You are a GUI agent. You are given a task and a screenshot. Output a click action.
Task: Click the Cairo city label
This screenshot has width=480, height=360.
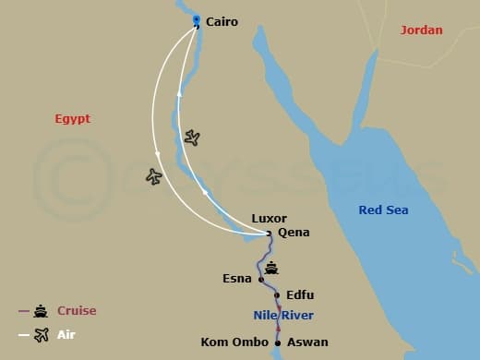click(222, 21)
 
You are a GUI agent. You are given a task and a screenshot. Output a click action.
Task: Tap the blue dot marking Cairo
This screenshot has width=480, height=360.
click(196, 18)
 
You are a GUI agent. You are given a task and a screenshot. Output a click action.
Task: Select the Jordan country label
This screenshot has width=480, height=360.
click(421, 30)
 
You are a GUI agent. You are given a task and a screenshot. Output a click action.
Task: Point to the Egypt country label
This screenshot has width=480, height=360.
click(72, 119)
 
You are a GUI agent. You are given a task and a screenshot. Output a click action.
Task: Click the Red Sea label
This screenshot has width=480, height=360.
click(383, 210)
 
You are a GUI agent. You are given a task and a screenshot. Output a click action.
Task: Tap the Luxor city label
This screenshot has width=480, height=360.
click(269, 219)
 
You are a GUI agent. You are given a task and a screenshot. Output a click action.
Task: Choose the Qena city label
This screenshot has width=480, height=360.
click(294, 233)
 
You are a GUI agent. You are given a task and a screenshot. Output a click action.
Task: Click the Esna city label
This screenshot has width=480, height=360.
click(237, 278)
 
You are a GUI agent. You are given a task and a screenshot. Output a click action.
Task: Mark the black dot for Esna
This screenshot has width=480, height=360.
click(261, 279)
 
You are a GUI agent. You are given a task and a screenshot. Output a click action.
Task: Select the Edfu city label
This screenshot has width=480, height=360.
click(300, 295)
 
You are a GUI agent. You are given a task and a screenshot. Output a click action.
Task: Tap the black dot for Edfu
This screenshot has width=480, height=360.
click(277, 295)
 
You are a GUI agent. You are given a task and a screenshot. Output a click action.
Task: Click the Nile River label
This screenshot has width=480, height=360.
click(283, 316)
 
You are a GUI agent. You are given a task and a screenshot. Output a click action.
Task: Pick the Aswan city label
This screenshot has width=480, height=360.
click(307, 342)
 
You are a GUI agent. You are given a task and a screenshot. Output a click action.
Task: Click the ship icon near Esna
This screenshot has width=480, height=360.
click(271, 268)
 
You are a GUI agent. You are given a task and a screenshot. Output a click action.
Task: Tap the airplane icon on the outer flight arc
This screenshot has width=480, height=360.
click(153, 175)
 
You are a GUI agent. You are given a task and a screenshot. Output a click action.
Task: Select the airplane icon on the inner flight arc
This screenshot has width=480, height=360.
click(192, 138)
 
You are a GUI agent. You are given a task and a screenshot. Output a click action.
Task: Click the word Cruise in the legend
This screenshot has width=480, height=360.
click(77, 311)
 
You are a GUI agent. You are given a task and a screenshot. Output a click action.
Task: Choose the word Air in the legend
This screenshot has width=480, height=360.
click(66, 335)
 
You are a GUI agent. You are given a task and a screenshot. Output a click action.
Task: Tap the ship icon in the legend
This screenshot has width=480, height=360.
click(41, 311)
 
